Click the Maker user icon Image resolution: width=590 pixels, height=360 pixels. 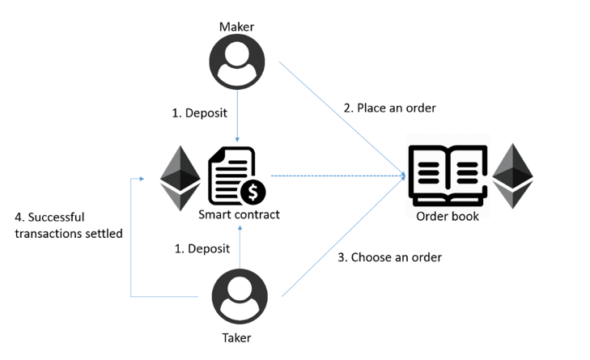(237, 61)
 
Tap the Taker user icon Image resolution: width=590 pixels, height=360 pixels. (240, 296)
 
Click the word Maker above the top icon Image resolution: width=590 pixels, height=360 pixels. (236, 27)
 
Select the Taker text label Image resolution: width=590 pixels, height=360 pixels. (236, 338)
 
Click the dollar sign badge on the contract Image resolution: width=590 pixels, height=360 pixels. (253, 192)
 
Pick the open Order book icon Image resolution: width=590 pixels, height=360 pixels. (448, 176)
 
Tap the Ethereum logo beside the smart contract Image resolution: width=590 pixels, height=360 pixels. (180, 178)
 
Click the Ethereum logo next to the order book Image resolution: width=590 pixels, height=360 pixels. (512, 176)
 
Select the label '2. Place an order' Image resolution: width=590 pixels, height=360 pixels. (389, 108)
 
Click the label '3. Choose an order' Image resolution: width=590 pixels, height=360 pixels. (389, 257)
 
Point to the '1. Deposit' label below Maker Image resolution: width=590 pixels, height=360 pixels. (199, 112)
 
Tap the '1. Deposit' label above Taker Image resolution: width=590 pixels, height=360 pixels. (202, 248)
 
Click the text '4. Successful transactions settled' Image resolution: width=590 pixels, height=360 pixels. (69, 226)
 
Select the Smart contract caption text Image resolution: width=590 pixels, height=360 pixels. (239, 214)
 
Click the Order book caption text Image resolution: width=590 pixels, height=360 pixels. (448, 216)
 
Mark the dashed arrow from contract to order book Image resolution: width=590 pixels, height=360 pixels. (338, 176)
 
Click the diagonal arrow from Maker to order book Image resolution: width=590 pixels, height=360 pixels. (342, 119)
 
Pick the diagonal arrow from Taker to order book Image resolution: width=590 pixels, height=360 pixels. (343, 236)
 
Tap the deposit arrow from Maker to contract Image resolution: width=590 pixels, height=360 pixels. (237, 116)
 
